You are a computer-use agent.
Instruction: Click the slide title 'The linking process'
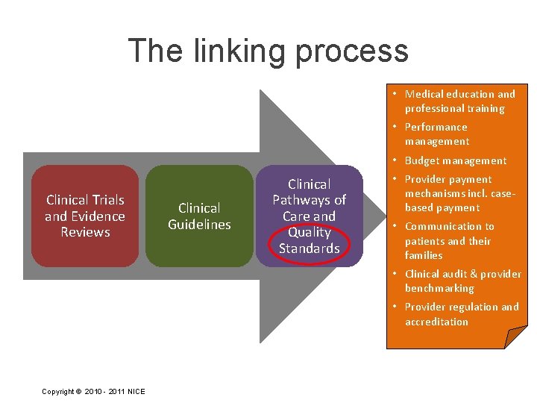[x=268, y=51]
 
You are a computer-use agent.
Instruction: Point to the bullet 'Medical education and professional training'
[x=459, y=101]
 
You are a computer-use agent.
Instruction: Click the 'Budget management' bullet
[x=455, y=160]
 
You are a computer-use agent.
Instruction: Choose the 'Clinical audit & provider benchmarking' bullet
[x=462, y=281]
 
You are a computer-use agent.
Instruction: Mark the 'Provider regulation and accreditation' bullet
[x=461, y=314]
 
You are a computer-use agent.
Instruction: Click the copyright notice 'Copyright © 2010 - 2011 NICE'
[x=94, y=392]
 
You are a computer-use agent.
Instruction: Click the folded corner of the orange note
[x=515, y=337]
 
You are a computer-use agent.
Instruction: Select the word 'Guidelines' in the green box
[x=199, y=224]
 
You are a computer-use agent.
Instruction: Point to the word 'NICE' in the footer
[x=136, y=392]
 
